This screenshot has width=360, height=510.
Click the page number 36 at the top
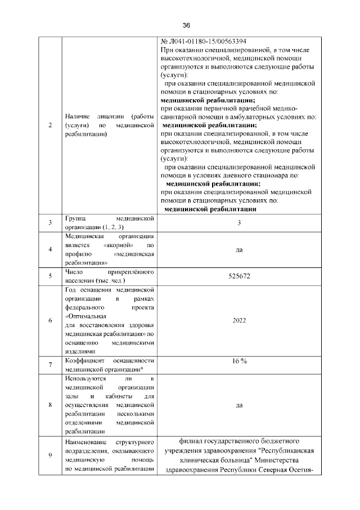pos(187,25)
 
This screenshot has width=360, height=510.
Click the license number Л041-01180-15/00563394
pos(205,42)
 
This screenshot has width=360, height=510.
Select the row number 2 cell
pos(50,126)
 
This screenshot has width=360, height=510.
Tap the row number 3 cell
pos(50,222)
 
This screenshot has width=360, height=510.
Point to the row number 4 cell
pos(50,249)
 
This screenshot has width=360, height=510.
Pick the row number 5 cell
pos(50,276)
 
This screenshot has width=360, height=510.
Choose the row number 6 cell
pos(50,321)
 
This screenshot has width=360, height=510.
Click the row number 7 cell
pos(50,365)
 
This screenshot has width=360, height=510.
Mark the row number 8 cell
pos(50,404)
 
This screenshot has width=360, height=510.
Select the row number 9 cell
pos(50,455)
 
